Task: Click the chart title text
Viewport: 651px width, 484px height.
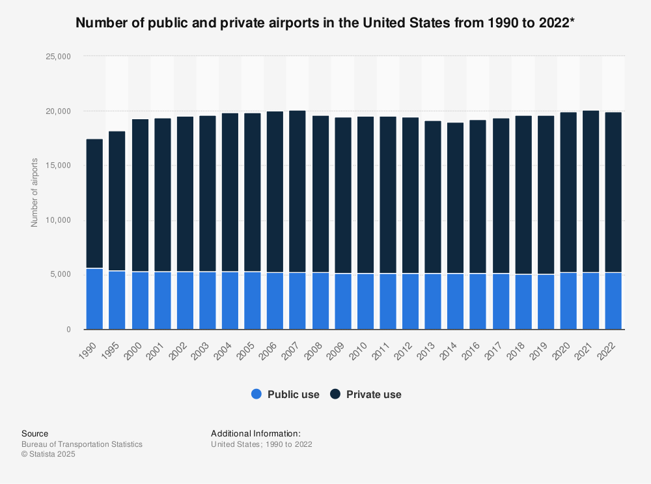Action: coord(325,23)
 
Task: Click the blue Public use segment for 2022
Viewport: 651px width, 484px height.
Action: coord(613,301)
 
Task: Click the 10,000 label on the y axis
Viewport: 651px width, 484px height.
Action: coord(57,220)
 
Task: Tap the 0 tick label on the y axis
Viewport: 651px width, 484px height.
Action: coord(67,330)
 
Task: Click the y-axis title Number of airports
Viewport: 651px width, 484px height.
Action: coord(35,192)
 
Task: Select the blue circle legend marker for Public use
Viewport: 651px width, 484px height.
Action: coord(256,394)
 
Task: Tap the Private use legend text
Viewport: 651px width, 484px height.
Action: coord(374,394)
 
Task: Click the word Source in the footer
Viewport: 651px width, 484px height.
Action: coord(35,433)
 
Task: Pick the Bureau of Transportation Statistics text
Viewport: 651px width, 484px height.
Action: coord(82,444)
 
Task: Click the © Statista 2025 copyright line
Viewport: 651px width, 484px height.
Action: coord(48,455)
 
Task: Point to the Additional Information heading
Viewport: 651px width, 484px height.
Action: coord(256,433)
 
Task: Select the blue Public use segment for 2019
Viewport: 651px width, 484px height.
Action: coord(546,302)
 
